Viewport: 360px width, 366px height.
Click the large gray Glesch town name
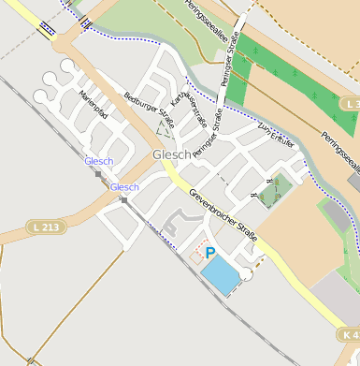pyautogui.click(x=171, y=154)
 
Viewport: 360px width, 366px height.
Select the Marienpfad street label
pyautogui.click(x=94, y=107)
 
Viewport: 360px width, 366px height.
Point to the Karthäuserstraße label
pyautogui.click(x=190, y=112)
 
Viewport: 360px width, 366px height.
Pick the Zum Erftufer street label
pyautogui.click(x=277, y=136)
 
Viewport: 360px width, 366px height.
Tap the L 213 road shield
pyautogui.click(x=44, y=227)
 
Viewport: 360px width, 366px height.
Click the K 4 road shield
pyautogui.click(x=349, y=334)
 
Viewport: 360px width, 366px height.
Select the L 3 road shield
pyautogui.click(x=351, y=102)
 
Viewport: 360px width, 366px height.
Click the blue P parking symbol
pyautogui.click(x=210, y=253)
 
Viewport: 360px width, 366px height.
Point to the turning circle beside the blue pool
pyautogui.click(x=246, y=273)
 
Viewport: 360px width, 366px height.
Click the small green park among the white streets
pyautogui.click(x=271, y=192)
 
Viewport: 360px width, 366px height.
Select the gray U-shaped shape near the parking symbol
pyautogui.click(x=173, y=224)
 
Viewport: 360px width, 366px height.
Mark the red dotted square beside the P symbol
pyautogui.click(x=196, y=256)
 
